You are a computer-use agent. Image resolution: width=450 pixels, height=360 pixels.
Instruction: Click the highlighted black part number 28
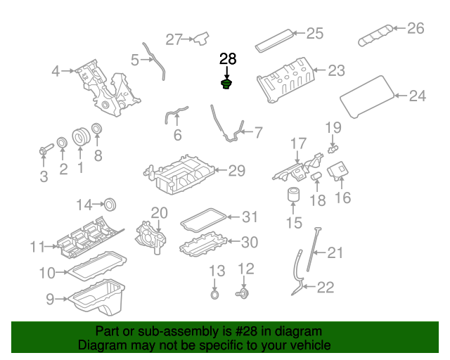pos(228,59)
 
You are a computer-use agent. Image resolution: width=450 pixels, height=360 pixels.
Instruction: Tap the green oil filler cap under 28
pos(227,86)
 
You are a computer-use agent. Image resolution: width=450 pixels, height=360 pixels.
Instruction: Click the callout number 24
pos(417,96)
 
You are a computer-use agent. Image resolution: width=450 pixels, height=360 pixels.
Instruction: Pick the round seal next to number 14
pos(109,205)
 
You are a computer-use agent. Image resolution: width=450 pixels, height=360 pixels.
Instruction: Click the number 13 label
pos(216,271)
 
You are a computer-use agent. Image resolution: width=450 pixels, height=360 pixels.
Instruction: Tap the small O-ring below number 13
pos(215,293)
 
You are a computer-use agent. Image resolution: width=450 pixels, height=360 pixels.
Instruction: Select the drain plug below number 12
pos(244,293)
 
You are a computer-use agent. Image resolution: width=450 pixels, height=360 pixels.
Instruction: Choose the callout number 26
pos(416,29)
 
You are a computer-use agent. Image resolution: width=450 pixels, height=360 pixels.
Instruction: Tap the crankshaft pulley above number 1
pos(80,137)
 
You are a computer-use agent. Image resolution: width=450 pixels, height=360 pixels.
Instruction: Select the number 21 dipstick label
pos(335,252)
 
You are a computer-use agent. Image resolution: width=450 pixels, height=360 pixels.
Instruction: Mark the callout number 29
pos(236,169)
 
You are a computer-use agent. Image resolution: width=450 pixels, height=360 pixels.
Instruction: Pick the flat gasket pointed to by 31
pos(203,221)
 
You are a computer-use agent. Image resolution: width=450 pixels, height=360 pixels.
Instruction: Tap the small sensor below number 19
pos(332,149)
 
